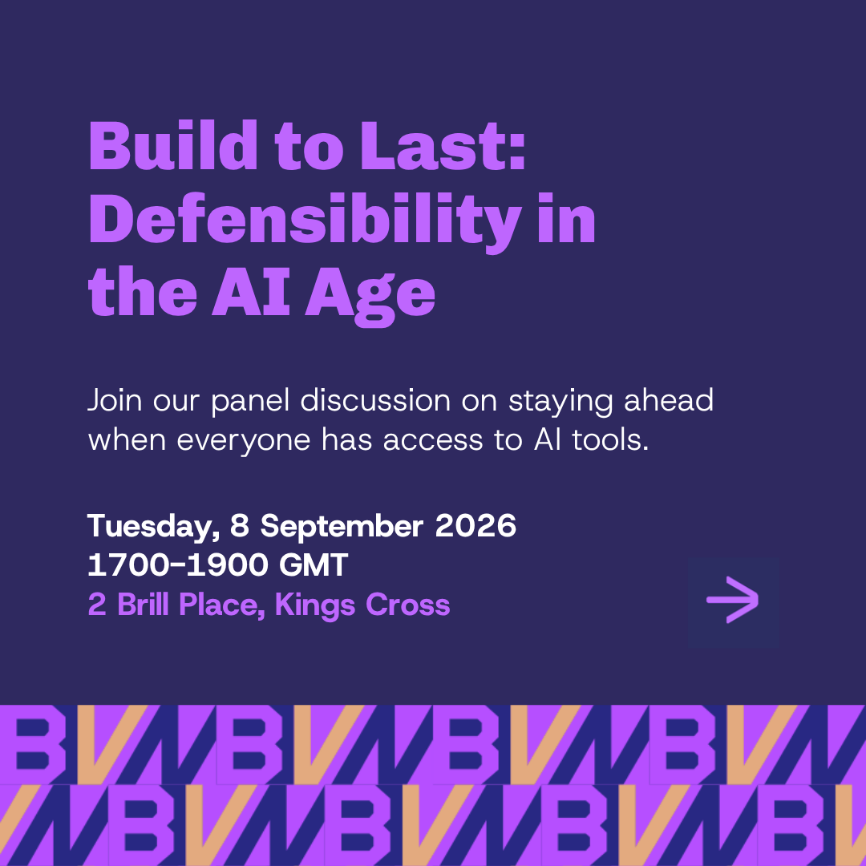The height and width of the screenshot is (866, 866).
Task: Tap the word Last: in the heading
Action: [x=443, y=146]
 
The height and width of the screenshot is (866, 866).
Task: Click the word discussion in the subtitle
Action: [x=375, y=400]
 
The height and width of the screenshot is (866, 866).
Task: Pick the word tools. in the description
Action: [x=610, y=440]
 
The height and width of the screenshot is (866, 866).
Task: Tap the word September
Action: [x=342, y=527]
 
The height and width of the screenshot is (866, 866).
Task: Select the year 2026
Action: [x=475, y=525]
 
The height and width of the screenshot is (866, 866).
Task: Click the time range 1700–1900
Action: [x=178, y=565]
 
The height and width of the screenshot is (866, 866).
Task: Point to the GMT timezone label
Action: [x=314, y=565]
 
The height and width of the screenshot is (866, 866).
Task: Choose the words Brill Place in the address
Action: [x=188, y=605]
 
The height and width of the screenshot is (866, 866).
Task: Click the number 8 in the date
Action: [x=240, y=525]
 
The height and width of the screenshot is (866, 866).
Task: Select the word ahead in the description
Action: [x=669, y=400]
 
